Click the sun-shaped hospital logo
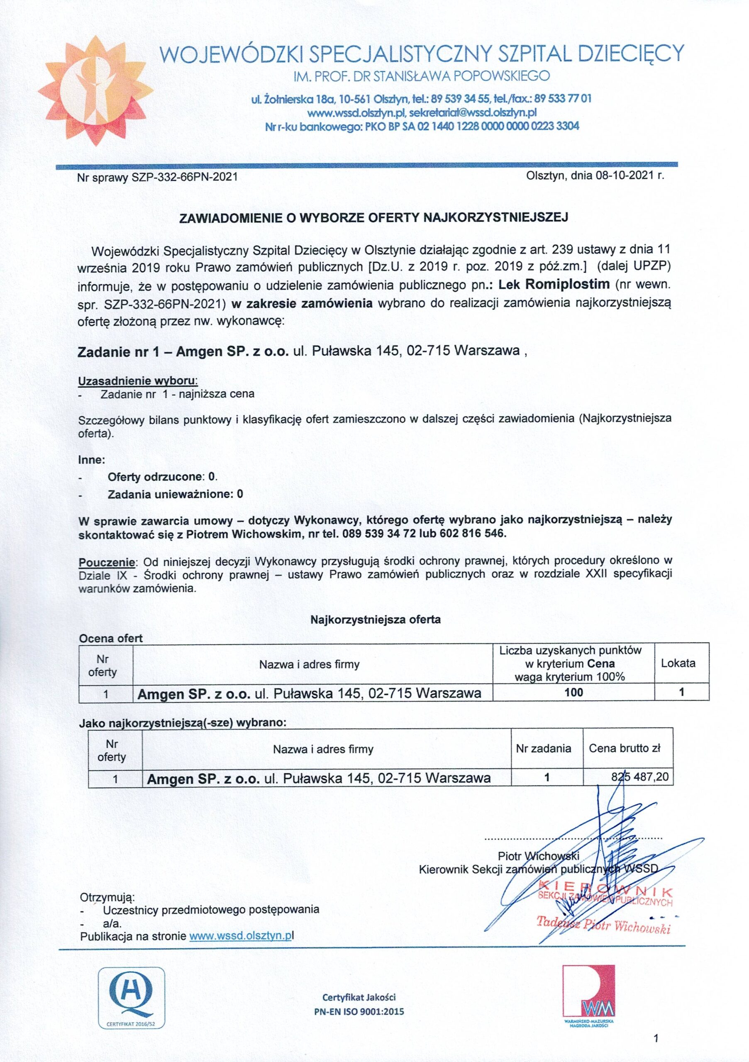(x=95, y=86)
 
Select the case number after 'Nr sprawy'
(x=185, y=177)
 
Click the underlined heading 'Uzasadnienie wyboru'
(x=138, y=381)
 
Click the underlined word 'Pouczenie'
(x=106, y=563)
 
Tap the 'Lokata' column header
(x=678, y=663)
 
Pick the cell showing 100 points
(x=573, y=692)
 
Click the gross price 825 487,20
(x=640, y=777)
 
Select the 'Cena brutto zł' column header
(x=624, y=748)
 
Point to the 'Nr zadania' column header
(x=544, y=748)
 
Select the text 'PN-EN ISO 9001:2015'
(x=359, y=1011)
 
